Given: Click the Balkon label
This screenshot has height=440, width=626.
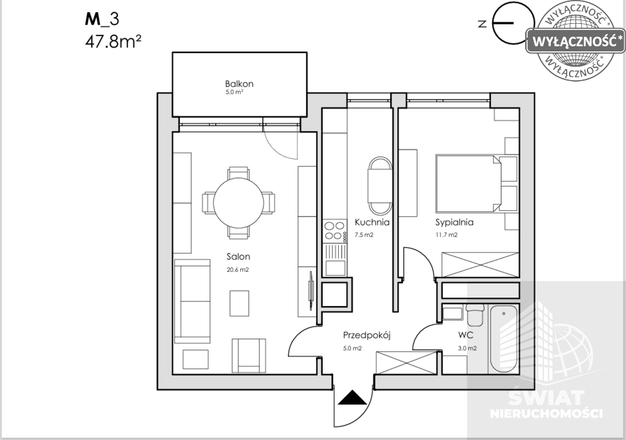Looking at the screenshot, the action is pos(239,84).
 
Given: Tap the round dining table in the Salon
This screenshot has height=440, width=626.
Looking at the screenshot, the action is pos(238,203).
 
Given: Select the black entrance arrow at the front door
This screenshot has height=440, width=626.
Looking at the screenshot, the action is pos(352,397).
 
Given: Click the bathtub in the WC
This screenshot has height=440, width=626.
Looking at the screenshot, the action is pos(504,339).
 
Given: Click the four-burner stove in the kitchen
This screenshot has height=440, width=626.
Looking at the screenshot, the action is pos(334,231).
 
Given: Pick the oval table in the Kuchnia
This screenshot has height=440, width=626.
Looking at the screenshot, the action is pos(380,186).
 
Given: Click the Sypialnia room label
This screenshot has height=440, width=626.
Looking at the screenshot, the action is pos(454,222).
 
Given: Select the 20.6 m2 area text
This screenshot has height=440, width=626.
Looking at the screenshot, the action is pos(238,269).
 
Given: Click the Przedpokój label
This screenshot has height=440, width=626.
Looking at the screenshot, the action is pos(367,335).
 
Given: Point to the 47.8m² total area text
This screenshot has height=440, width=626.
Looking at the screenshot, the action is pos(114,41).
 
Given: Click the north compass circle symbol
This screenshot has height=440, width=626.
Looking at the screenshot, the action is pos(514,23).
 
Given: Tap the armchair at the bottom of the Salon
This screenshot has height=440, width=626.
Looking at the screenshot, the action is pos(249,355).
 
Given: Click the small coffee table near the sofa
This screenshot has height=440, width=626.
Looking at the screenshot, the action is pos(239,303).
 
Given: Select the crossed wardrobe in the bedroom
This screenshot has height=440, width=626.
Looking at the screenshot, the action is pos(481,265).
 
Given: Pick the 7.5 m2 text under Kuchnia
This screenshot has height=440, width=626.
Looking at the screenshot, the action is pos(364,235).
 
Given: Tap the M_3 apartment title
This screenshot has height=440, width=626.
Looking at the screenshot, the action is pos(102,19).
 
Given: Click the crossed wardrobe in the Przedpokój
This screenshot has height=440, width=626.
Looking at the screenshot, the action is pos(407,363).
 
